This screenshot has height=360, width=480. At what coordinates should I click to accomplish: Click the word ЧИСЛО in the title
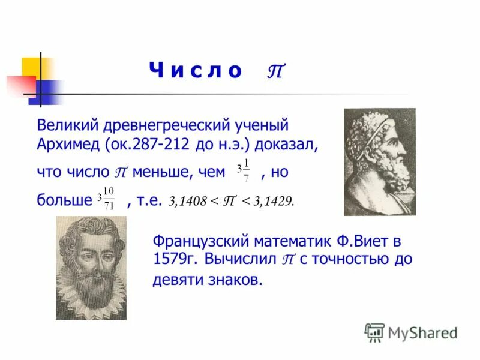click(x=195, y=71)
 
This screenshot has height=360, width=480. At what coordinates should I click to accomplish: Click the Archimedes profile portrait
click(x=379, y=161)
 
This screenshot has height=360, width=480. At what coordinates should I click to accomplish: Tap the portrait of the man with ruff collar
click(x=91, y=268)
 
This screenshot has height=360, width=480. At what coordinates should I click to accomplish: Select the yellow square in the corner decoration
click(x=31, y=67)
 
